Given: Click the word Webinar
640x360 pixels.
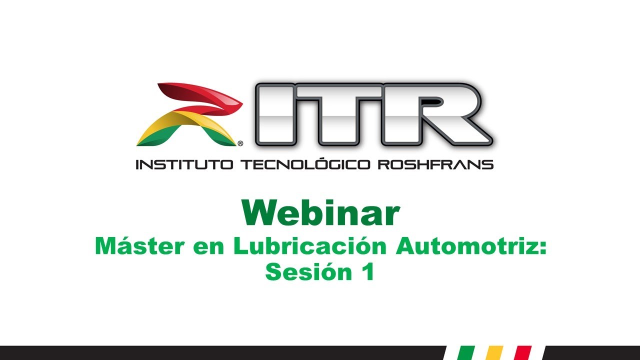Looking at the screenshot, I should click(x=320, y=213).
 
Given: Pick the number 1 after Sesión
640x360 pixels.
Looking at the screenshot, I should click(x=368, y=272).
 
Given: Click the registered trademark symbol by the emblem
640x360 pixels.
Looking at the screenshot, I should click(x=240, y=143).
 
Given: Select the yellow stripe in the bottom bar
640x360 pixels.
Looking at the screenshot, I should click(x=494, y=352).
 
